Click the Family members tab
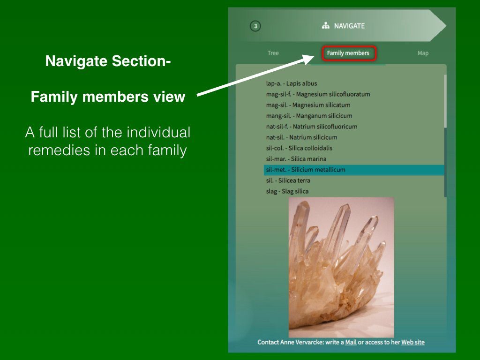tap(348, 53)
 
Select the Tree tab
tap(273, 53)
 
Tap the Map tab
tap(423, 53)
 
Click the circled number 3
tap(255, 26)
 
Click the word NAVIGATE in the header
tap(349, 26)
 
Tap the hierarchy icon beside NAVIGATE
tap(326, 26)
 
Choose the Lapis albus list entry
tap(292, 83)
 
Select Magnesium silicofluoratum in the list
tap(318, 94)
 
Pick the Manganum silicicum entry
tap(309, 116)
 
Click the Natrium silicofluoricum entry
tap(312, 127)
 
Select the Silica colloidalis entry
tap(299, 148)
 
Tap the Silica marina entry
tap(296, 159)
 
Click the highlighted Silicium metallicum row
tap(354, 170)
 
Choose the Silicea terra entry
tap(288, 180)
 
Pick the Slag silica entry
tap(287, 191)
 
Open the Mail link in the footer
tap(351, 342)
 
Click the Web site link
tap(413, 342)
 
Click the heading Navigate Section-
tap(108, 61)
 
